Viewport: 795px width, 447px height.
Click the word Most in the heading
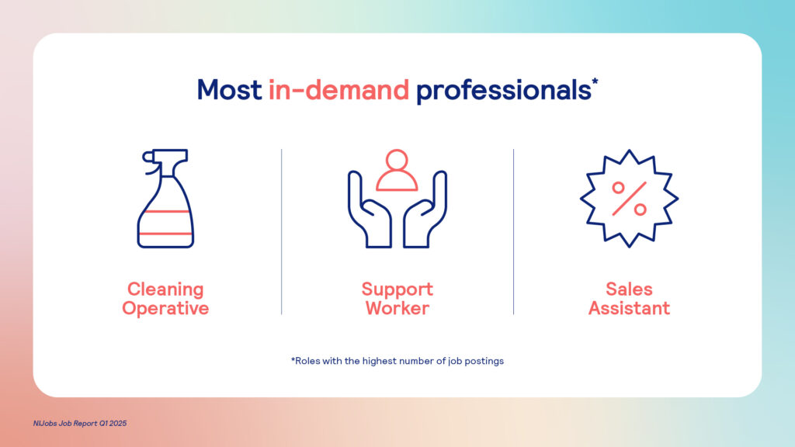[x=229, y=90]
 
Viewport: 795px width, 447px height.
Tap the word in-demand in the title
[x=338, y=90]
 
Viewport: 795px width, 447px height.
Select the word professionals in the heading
[x=503, y=91]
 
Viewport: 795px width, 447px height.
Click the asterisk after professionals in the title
[x=595, y=81]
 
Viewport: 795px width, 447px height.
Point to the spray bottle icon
[x=165, y=199]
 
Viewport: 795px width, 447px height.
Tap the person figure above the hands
[x=397, y=170]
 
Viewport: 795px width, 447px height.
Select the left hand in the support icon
[x=369, y=210]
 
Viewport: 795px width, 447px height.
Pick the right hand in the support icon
[x=425, y=210]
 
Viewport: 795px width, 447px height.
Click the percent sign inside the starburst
[x=629, y=199]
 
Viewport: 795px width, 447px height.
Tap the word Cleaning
[x=165, y=289]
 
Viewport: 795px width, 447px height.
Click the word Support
[x=397, y=289]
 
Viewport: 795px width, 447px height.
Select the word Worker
[x=397, y=308]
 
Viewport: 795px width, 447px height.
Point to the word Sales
[x=629, y=289]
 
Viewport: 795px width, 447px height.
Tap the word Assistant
[x=629, y=308]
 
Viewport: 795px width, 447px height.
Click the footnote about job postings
[x=397, y=361]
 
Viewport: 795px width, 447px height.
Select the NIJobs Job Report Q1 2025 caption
[x=80, y=423]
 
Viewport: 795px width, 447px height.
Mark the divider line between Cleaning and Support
[x=281, y=231]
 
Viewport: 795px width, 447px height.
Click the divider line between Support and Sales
[x=513, y=231]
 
